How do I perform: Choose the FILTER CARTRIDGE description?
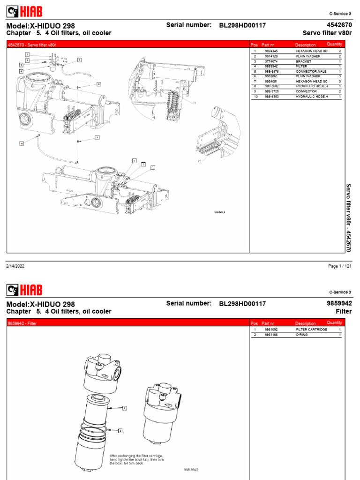311,330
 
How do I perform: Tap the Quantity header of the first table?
334,44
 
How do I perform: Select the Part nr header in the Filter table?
268,323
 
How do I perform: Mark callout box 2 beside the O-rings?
120,430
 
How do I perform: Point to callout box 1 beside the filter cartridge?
125,408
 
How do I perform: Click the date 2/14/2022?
15,266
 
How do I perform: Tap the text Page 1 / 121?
340,266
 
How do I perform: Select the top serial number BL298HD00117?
242,25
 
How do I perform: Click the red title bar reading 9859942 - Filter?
127,323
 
